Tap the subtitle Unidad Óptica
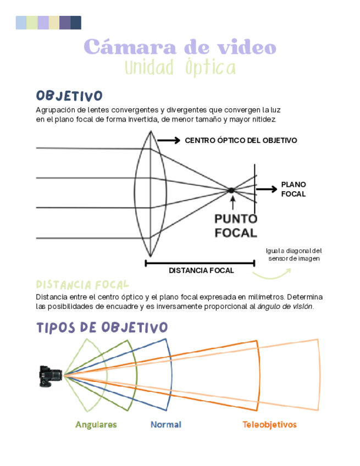[180, 68]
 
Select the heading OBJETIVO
[69, 96]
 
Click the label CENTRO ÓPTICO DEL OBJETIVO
[241, 141]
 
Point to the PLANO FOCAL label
[293, 189]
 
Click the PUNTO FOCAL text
[235, 225]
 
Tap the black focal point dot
[231, 190]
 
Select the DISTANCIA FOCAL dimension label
[201, 270]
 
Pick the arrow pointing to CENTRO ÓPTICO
[169, 141]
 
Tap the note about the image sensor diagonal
[293, 254]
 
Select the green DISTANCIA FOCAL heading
[82, 285]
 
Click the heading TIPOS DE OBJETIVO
[102, 328]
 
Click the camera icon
[48, 376]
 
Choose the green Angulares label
[96, 425]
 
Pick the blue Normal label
[166, 425]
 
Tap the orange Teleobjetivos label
[269, 425]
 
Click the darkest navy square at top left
[76, 23]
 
